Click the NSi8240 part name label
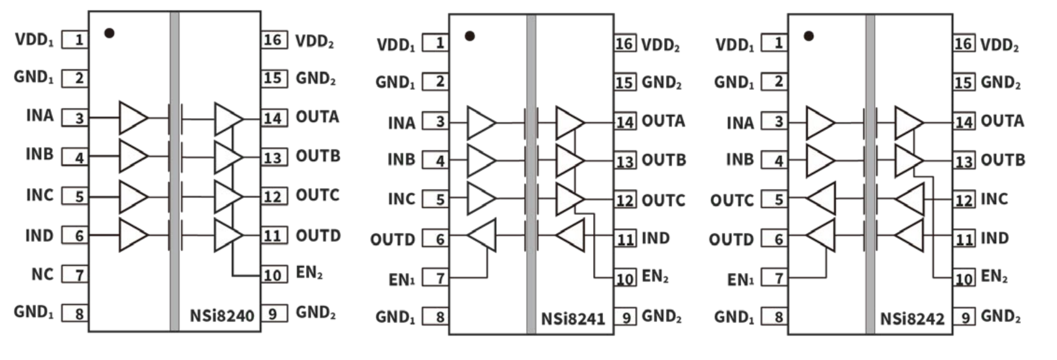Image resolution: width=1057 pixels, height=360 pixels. tap(222, 315)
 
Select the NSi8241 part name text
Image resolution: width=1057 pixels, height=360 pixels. tap(573, 319)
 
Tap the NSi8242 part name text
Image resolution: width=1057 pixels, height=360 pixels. tap(912, 319)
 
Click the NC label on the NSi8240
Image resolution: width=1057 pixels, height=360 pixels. tap(42, 274)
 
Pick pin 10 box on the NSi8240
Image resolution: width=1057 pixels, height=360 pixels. tap(272, 275)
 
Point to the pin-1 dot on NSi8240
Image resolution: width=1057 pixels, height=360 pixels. tap(109, 33)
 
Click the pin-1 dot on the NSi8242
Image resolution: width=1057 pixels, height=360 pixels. tap(808, 36)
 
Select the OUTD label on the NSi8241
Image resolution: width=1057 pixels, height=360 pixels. tap(392, 239)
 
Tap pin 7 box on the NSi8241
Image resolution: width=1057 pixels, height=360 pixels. tap(436, 278)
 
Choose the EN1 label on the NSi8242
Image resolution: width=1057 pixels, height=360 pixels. tap(740, 280)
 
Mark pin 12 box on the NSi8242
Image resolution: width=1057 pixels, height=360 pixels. tap(964, 200)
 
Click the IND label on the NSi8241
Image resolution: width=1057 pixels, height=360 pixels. tap(655, 238)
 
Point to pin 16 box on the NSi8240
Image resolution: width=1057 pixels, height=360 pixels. tap(273, 40)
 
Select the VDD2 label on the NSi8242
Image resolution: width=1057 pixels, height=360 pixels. tap(1000, 45)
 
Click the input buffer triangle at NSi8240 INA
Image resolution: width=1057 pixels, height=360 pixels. tap(132, 118)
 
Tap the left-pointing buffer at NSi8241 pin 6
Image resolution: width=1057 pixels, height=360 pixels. tap(482, 235)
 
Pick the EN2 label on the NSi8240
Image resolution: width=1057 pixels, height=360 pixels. tap(309, 274)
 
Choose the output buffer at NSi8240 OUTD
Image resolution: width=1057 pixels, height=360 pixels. tap(228, 235)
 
